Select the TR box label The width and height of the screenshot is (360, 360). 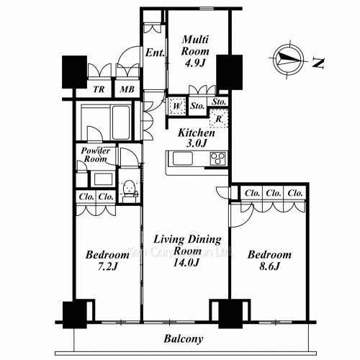pos(99,90)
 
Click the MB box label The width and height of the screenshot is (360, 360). pos(127,90)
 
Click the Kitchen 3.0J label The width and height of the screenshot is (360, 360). pos(196,138)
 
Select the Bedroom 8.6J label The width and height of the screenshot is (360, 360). pos(269,261)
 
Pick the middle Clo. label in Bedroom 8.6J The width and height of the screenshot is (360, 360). pos(273,194)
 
